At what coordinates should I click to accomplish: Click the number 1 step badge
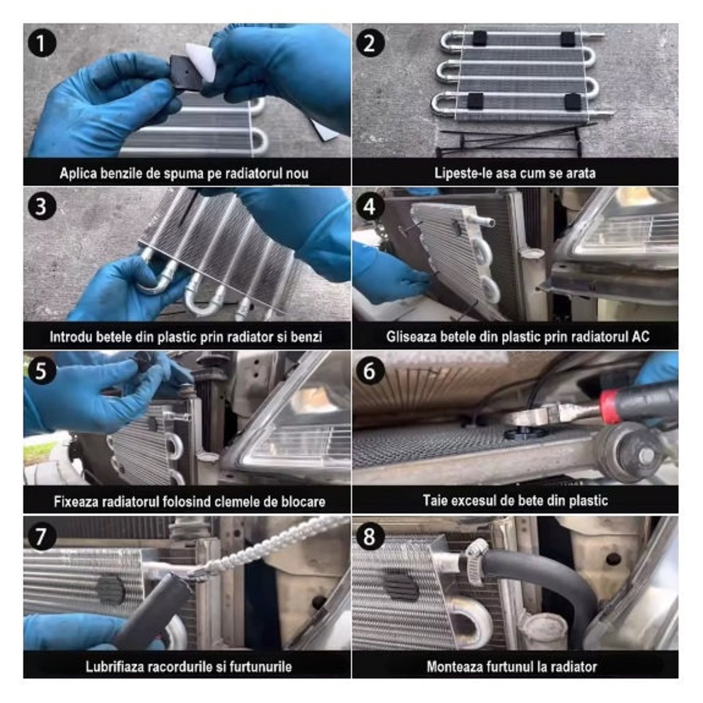42,43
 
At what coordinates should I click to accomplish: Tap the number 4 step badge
369,207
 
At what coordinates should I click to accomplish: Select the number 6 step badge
369,371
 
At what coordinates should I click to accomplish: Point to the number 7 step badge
42,536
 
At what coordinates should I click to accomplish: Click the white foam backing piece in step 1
201,61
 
